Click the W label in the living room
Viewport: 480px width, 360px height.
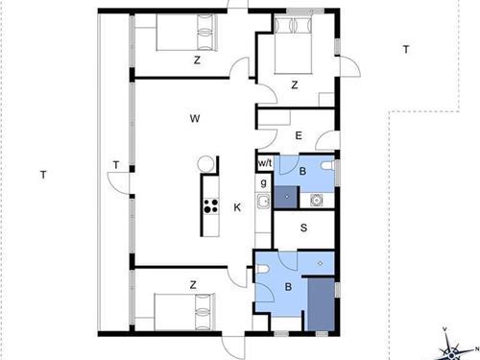(x=195, y=119)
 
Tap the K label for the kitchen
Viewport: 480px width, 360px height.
(x=237, y=207)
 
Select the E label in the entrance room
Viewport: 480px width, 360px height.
(x=299, y=135)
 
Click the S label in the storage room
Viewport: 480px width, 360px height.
(x=303, y=228)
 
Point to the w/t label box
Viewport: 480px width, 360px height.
(x=265, y=163)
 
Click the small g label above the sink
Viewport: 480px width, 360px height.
(x=263, y=182)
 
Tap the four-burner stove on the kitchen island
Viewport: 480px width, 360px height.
(x=210, y=205)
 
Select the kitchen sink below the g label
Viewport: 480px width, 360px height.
(x=263, y=202)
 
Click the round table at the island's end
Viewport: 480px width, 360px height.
(x=205, y=163)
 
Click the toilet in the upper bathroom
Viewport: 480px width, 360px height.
(x=327, y=166)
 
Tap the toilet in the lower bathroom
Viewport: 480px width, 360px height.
(x=262, y=270)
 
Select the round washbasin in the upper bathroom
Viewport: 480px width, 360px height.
(x=316, y=200)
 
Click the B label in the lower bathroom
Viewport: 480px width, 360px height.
(x=288, y=287)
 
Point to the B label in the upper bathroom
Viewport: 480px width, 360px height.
(x=302, y=171)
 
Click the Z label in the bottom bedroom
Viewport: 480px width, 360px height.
(x=193, y=285)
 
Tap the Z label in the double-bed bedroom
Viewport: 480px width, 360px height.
(x=295, y=85)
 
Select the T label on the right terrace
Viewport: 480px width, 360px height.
(x=406, y=50)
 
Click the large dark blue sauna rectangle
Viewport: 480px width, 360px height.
(x=322, y=304)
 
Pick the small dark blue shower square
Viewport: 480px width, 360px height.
(x=287, y=197)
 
